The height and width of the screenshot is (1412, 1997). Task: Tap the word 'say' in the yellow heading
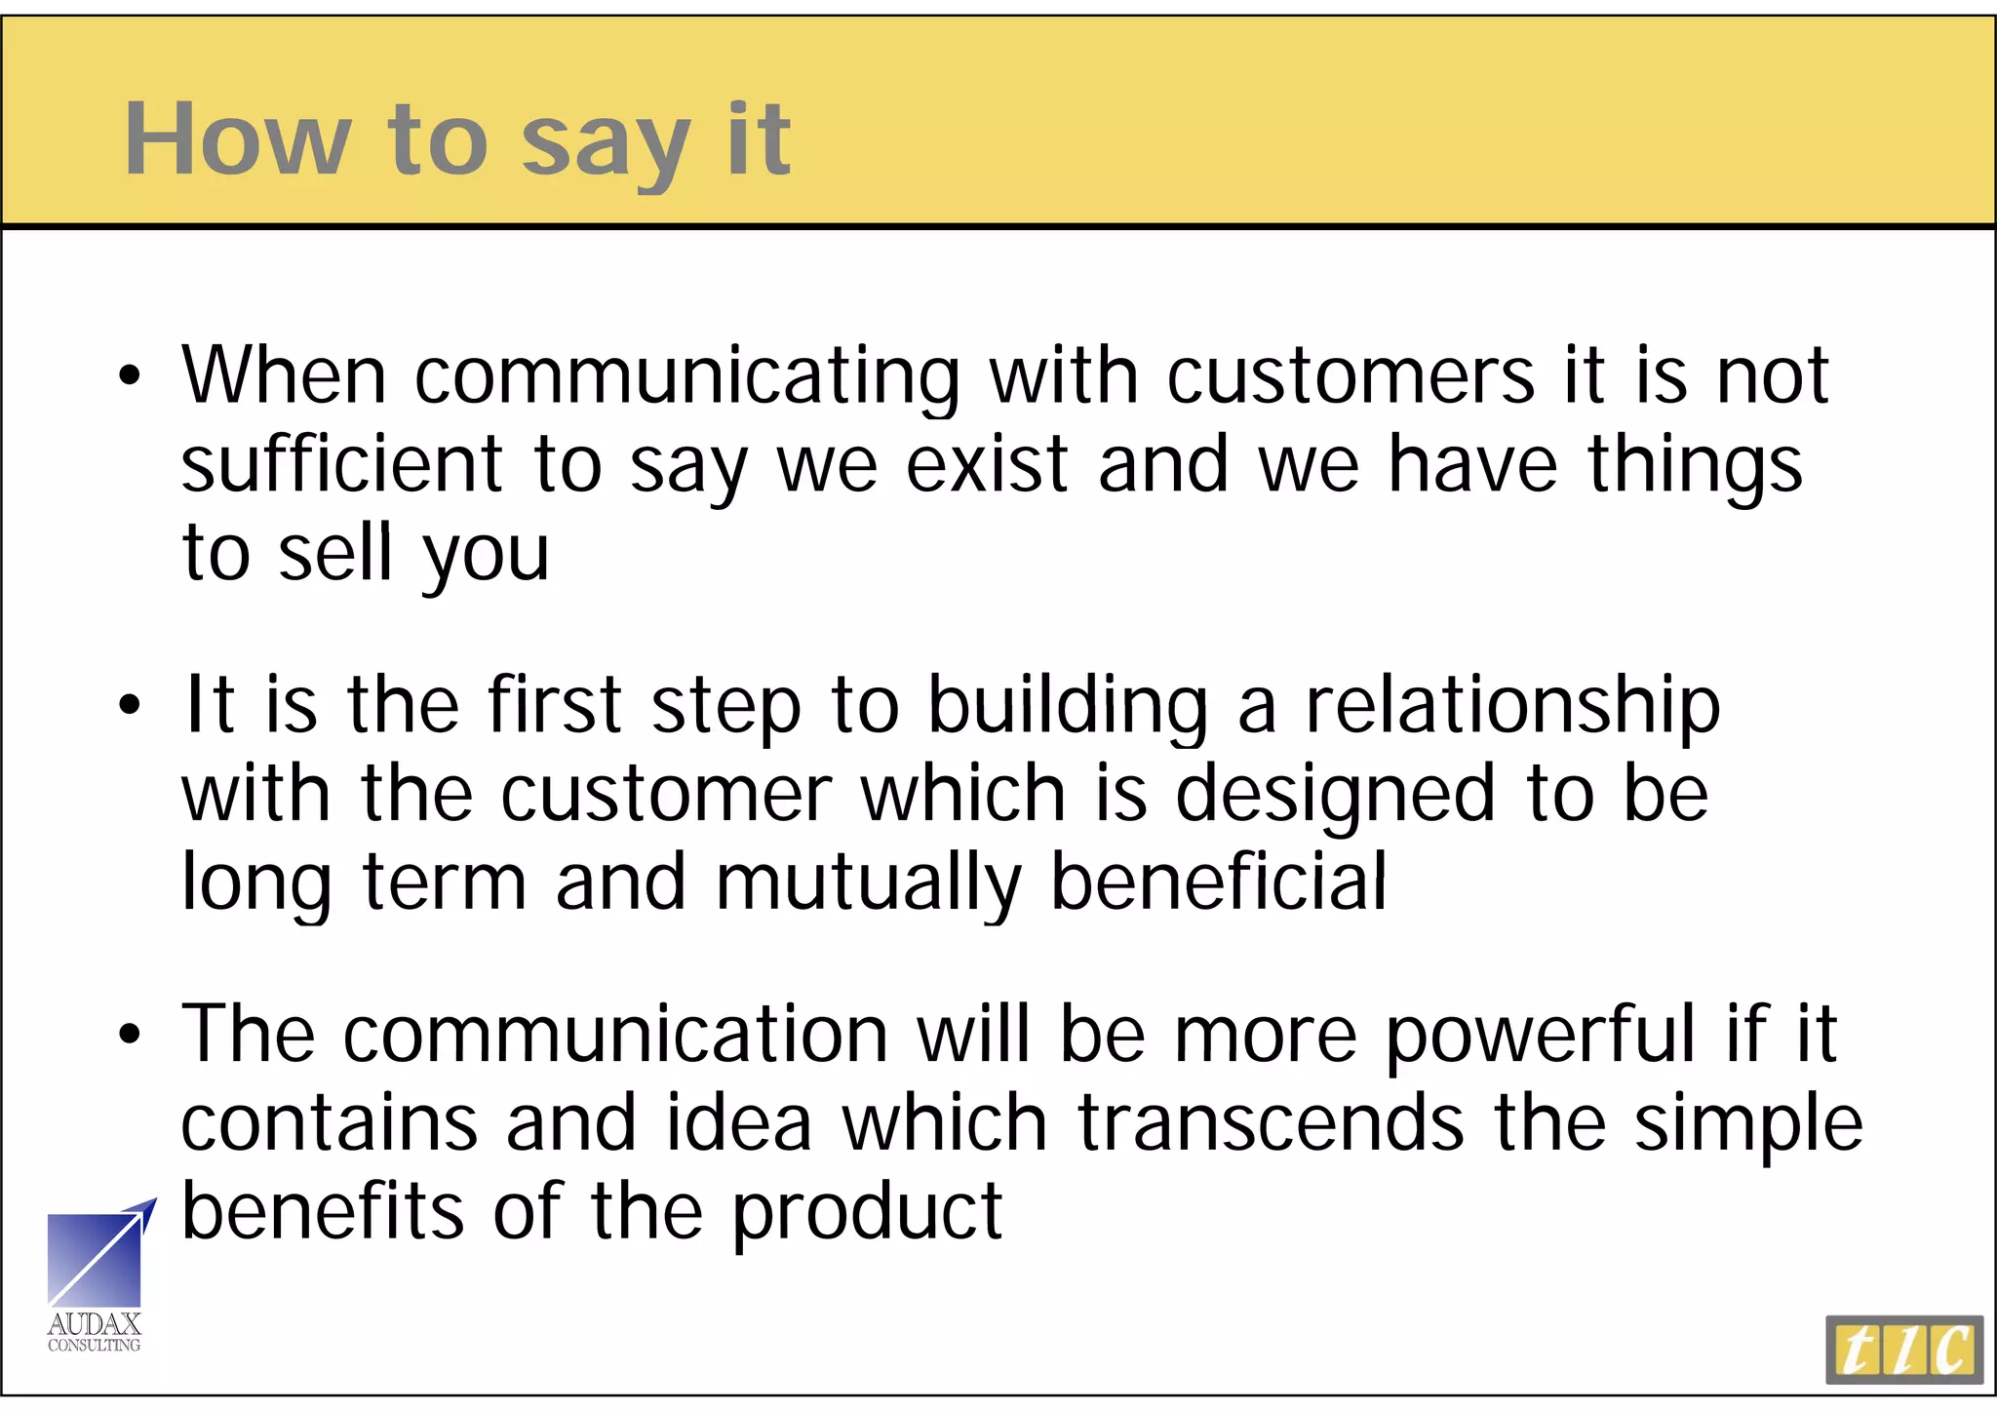point(606,146)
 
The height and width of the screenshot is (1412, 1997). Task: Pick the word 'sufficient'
point(342,465)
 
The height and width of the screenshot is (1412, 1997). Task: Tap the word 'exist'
point(987,465)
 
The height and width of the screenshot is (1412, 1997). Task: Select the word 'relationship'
point(1512,706)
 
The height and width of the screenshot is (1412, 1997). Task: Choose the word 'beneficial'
point(1219,882)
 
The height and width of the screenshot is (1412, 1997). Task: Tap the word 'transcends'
point(1271,1123)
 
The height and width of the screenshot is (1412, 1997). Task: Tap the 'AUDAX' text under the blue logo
point(95,1324)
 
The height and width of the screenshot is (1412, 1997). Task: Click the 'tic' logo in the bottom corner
point(1903,1350)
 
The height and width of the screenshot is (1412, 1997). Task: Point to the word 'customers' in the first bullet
point(1351,376)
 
